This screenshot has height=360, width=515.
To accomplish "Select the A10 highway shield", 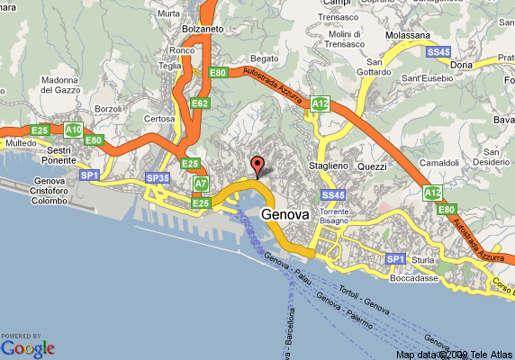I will pyautogui.click(x=74, y=130).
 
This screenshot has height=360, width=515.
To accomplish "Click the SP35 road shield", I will pyautogui.click(x=158, y=178).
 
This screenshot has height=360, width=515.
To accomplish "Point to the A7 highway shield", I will pyautogui.click(x=202, y=184).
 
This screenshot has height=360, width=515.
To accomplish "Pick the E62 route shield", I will pyautogui.click(x=200, y=103).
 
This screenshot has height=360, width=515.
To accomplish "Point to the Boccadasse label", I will pyautogui.click(x=415, y=278).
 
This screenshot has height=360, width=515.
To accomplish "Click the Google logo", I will pyautogui.click(x=28, y=347).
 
